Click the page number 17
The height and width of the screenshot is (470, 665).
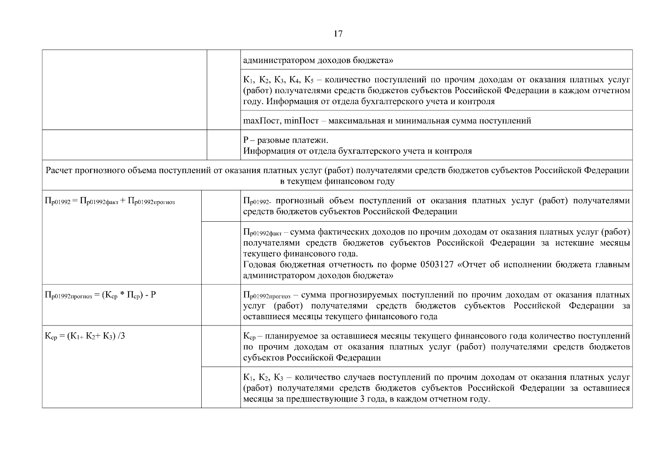pyautogui.click(x=338, y=34)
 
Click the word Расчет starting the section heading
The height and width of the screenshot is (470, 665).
pyautogui.click(x=59, y=171)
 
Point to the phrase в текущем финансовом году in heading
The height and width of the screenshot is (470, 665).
pyautogui.click(x=337, y=182)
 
